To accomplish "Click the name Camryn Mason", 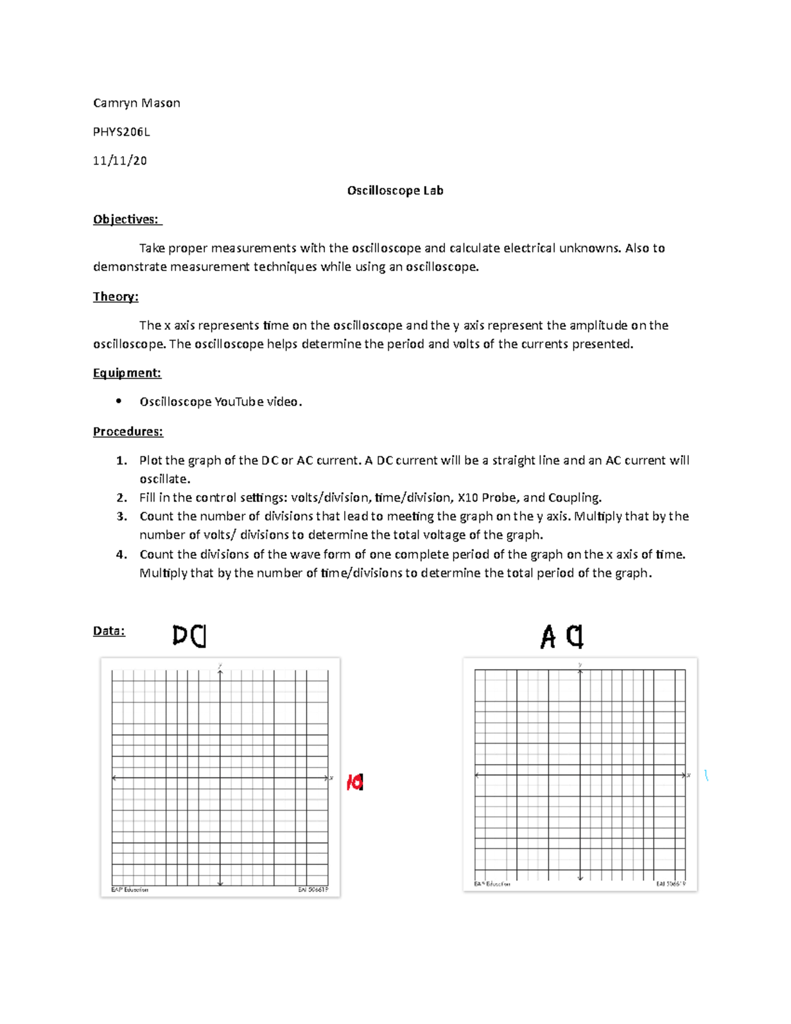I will click(x=136, y=103).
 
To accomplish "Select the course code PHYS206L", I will click(x=121, y=132).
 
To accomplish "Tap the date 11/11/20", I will click(x=120, y=161).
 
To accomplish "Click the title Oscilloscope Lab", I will click(x=395, y=191).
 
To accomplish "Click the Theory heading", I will click(x=115, y=297).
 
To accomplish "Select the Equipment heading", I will click(x=127, y=373).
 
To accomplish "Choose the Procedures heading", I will click(x=128, y=432).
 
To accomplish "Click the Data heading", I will click(x=109, y=631).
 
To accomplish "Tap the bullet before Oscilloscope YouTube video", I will click(x=119, y=402).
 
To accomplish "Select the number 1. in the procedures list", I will click(x=121, y=461).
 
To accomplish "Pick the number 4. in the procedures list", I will click(x=121, y=555).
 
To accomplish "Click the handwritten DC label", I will click(x=190, y=636).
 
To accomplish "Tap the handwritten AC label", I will click(x=562, y=637).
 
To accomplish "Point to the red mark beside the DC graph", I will click(x=355, y=783).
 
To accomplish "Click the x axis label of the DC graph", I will click(x=332, y=779).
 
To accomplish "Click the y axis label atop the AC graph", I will click(x=580, y=665).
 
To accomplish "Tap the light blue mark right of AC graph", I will click(x=706, y=776).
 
